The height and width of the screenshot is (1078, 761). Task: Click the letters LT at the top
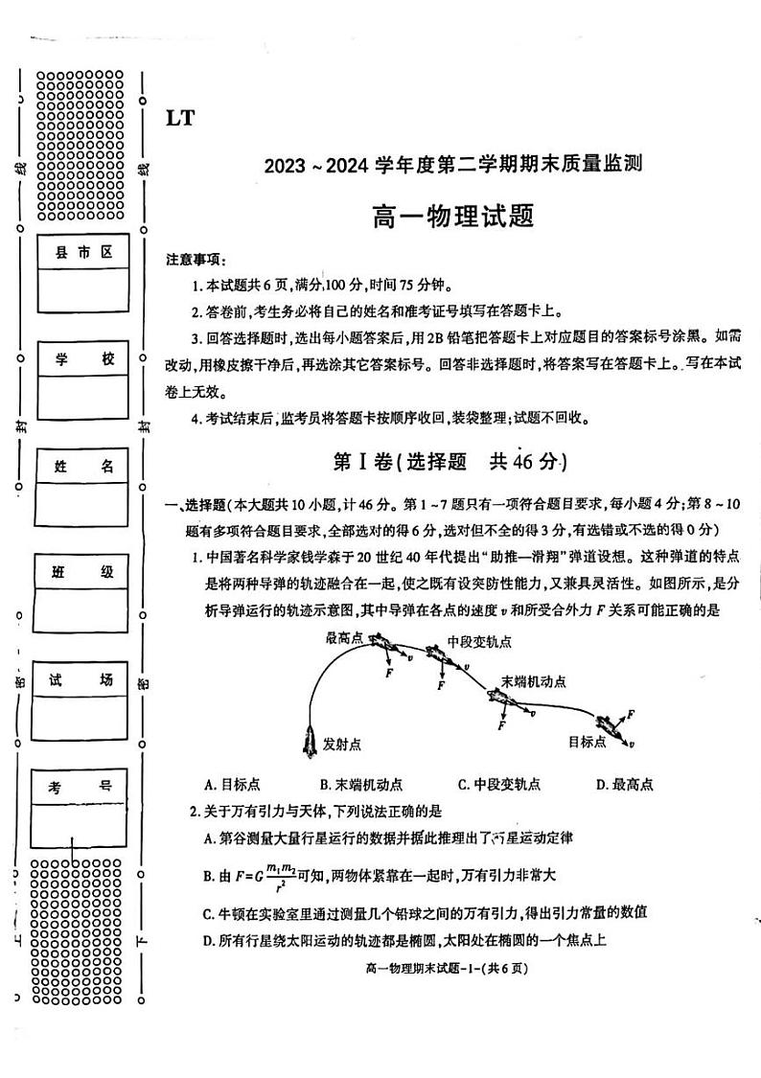pyautogui.click(x=180, y=118)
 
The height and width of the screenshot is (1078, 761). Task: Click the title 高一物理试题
pyautogui.click(x=451, y=215)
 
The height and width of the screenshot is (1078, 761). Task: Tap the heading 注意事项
pyautogui.click(x=196, y=260)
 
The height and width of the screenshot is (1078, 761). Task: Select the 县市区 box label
pyautogui.click(x=83, y=252)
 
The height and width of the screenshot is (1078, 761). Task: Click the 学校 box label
pyautogui.click(x=83, y=359)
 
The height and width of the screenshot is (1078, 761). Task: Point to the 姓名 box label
pyautogui.click(x=83, y=467)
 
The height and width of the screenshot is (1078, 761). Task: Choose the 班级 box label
pyautogui.click(x=81, y=572)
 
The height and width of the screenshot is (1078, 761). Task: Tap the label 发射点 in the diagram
pyautogui.click(x=342, y=744)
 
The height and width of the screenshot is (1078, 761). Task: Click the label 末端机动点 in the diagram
pyautogui.click(x=533, y=681)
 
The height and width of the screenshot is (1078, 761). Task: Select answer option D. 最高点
pyautogui.click(x=624, y=785)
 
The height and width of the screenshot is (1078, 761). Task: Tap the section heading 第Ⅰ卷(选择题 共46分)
pyautogui.click(x=450, y=462)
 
